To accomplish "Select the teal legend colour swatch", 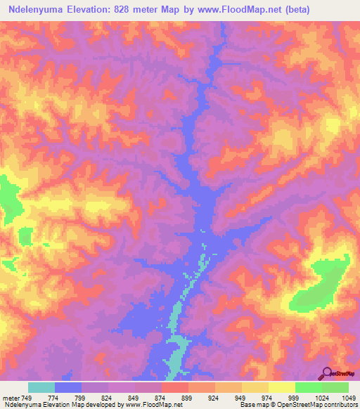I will [41, 387].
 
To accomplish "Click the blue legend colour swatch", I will [68, 387].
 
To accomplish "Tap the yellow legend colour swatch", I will [282, 387].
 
